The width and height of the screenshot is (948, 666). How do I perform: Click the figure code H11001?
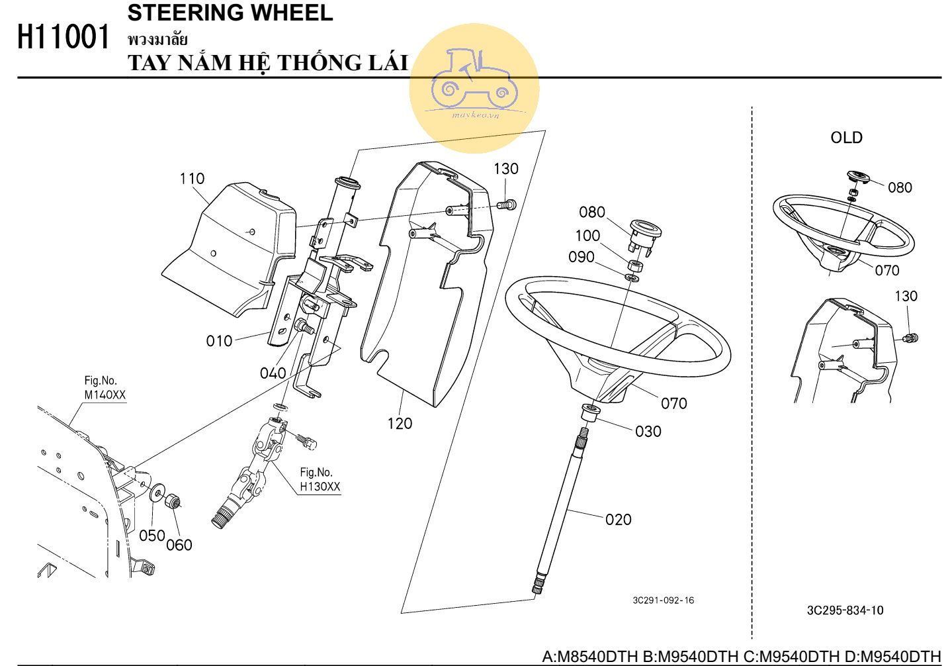pos(64,38)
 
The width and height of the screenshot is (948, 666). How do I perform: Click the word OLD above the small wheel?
pos(846,138)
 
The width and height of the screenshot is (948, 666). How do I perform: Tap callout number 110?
pos(192,179)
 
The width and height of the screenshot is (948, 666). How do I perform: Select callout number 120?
pos(400,424)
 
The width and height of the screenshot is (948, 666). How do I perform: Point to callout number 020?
pos(618,520)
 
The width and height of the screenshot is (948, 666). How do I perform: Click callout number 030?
pos(648,432)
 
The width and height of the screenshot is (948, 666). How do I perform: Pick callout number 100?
pos(587,236)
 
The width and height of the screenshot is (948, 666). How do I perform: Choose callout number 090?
pos(582,257)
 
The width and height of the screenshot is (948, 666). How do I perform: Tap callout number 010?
pos(219,341)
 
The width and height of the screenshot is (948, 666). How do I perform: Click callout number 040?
pos(273,373)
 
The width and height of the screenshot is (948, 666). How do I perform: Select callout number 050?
pos(151,536)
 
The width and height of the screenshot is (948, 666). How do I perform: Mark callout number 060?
pos(179,545)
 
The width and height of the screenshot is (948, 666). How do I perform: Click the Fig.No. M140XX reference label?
pos(105,388)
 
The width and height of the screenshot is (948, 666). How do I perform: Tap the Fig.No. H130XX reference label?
pos(320,480)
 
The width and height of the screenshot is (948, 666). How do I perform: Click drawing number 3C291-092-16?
pos(663,600)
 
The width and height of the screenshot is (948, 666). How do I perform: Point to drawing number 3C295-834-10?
pos(845,610)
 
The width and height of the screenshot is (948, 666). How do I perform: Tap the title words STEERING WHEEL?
pos(230,13)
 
